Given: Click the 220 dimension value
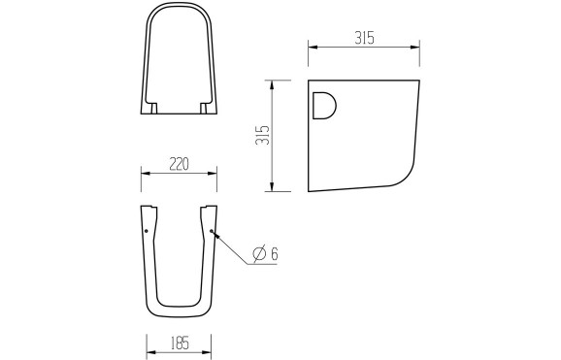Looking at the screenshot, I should [x=179, y=164].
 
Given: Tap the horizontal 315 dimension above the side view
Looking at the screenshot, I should [x=364, y=38].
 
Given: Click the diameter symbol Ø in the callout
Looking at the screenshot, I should [x=259, y=254].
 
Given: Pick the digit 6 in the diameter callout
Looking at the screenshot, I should [x=275, y=254].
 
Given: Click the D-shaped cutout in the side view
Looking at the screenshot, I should [x=324, y=105].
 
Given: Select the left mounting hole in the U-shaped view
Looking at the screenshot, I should [x=147, y=232].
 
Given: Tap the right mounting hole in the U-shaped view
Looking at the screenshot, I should [x=211, y=231].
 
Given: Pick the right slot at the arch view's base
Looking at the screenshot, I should [x=205, y=106].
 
